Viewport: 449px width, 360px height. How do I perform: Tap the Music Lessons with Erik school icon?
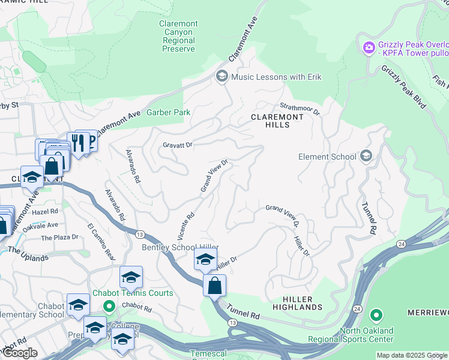click(221, 77)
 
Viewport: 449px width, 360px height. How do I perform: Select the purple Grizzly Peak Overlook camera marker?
click(368, 46)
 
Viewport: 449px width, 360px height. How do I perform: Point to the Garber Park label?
click(170, 112)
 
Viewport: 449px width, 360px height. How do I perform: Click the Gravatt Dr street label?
click(177, 145)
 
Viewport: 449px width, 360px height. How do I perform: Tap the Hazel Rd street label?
click(46, 212)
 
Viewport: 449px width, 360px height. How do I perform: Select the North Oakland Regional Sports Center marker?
click(376, 315)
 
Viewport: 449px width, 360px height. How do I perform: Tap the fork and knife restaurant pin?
click(77, 143)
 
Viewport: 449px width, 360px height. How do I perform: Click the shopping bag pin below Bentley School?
click(214, 286)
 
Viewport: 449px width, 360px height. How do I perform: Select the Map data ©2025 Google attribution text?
click(412, 355)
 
